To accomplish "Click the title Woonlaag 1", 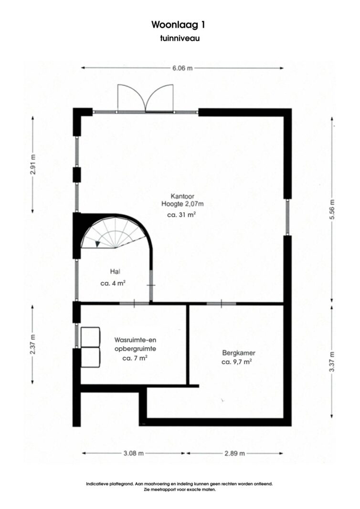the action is pos(178,25).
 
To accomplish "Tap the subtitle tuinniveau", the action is pos(180,38).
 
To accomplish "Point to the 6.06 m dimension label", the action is pos(182,68).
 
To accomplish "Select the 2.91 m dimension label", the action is pos(33,165).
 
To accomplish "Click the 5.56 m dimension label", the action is pos(332,209).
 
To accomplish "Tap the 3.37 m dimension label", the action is pos(332,362).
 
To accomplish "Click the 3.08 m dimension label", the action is pos(134,454).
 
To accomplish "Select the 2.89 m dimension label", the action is pos(234,454).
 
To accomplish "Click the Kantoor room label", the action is pos(182,197).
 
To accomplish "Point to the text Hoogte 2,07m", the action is pos(182,204).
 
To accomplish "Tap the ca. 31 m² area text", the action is pos(181,215).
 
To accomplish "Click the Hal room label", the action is pos(116,272).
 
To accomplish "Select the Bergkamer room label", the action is pos(239,353).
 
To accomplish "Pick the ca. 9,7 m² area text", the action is pos(236,362).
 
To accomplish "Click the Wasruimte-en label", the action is pos(135,340).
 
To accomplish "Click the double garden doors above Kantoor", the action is pos(146,98).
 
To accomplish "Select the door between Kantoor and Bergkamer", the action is pos(221,303).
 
